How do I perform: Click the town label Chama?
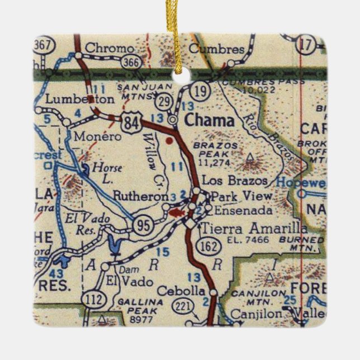[x=210, y=120]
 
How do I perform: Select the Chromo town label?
[x=110, y=48]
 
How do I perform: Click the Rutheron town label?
[x=140, y=196]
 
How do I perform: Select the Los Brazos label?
[x=231, y=181]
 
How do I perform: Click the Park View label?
[x=243, y=196]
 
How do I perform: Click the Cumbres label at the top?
[x=217, y=48]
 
